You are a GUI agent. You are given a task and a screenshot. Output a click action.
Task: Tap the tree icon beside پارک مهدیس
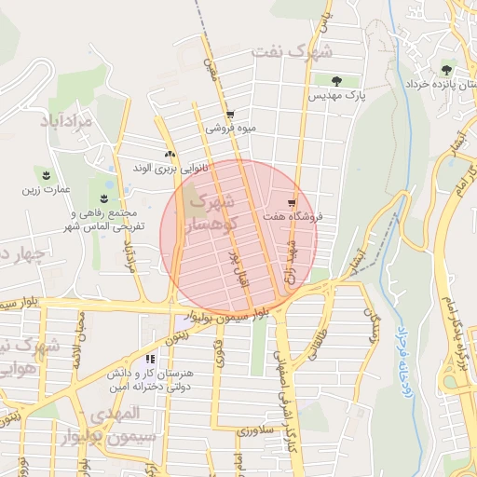pos(336,81)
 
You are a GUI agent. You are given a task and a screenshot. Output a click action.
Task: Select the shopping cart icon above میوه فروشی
pos(230,115)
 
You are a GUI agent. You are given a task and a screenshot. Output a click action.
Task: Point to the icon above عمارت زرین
pos(44,174)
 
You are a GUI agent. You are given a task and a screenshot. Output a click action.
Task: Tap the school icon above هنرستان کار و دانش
pos(150,359)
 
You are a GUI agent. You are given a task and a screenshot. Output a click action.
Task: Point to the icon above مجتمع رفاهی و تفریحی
pos(102,198)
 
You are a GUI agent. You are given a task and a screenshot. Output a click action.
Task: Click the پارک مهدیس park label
pos(339,95)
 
